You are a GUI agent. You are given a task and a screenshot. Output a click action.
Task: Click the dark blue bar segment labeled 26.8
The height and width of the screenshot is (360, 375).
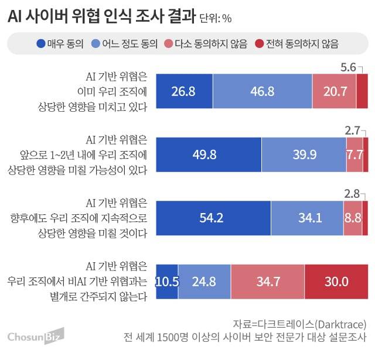[x=184, y=91]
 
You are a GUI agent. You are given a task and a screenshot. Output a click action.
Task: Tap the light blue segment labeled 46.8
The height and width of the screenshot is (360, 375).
[x=262, y=91]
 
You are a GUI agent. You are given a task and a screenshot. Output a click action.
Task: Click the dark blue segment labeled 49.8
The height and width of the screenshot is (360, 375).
[x=209, y=155]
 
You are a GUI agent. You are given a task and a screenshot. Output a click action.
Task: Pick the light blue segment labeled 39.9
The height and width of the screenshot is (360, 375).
[x=304, y=155]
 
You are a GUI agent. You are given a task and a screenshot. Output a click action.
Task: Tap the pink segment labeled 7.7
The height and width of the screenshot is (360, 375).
[x=354, y=155]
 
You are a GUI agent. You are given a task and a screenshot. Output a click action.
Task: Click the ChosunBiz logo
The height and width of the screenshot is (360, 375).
[x=35, y=337]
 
